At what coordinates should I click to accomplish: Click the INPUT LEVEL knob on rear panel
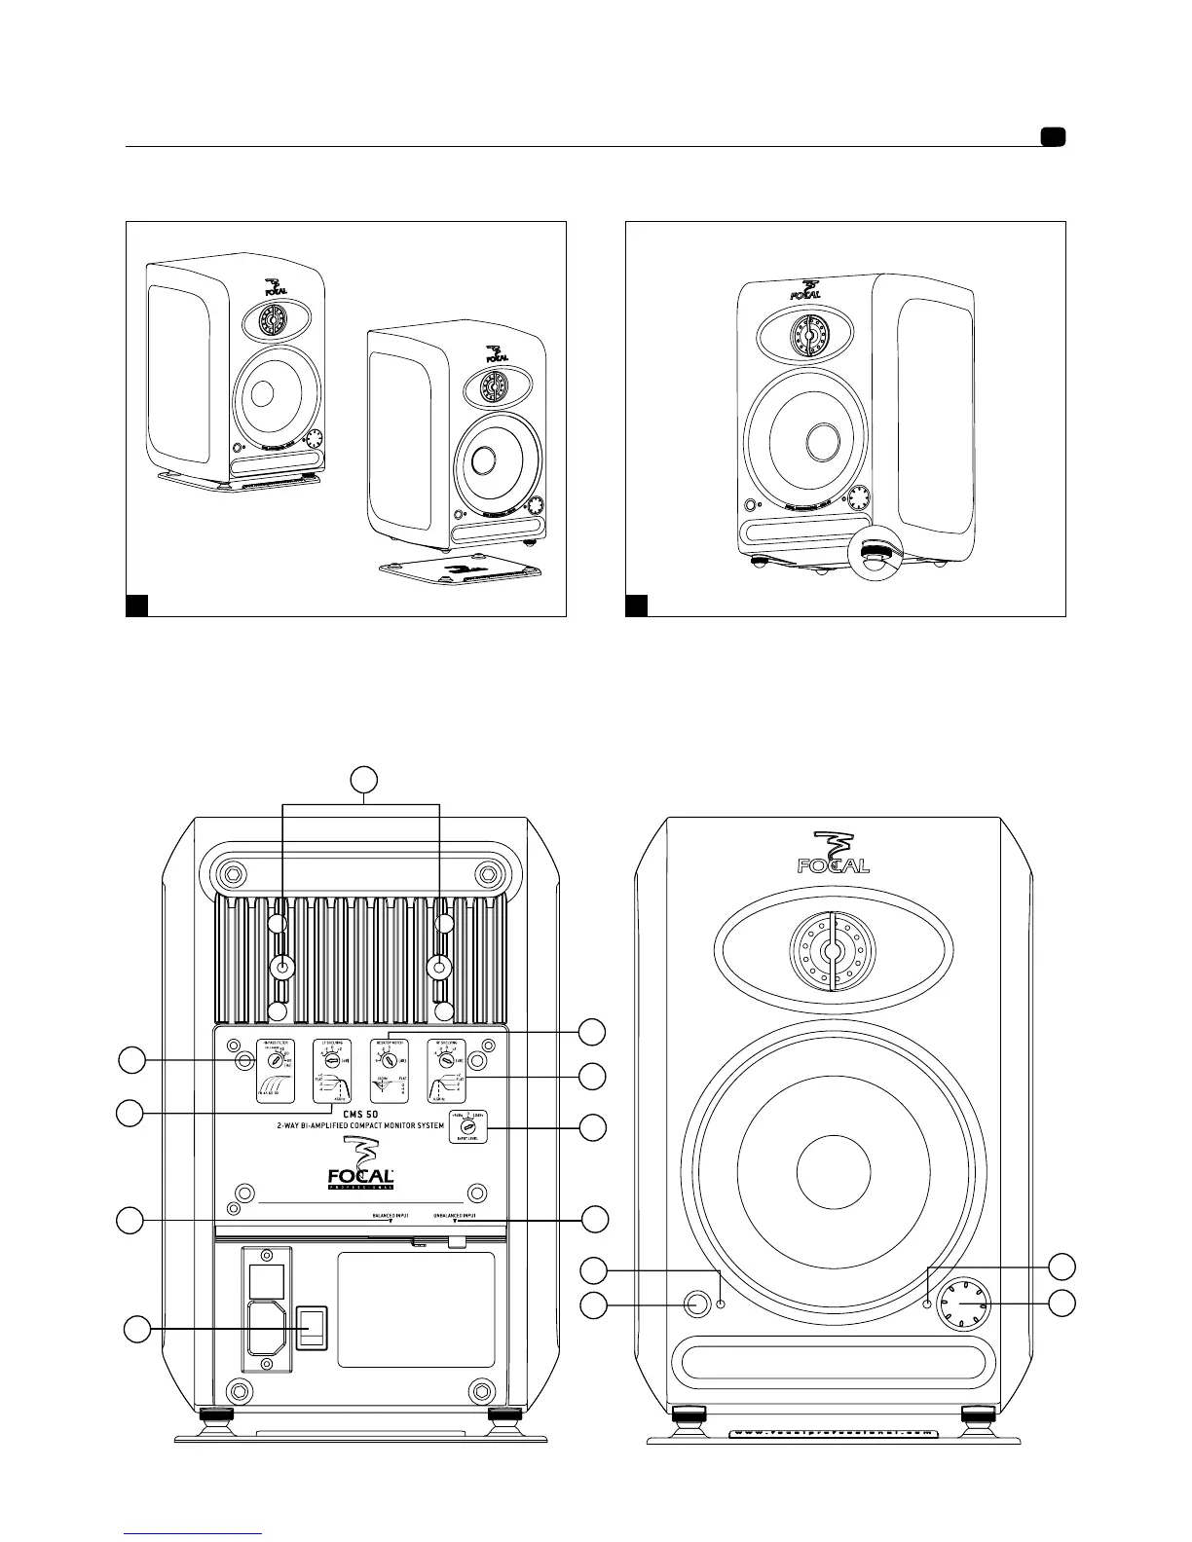pyautogui.click(x=468, y=1125)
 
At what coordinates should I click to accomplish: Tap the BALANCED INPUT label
pyautogui.click(x=391, y=1216)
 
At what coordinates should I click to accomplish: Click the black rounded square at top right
pyautogui.click(x=1052, y=136)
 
